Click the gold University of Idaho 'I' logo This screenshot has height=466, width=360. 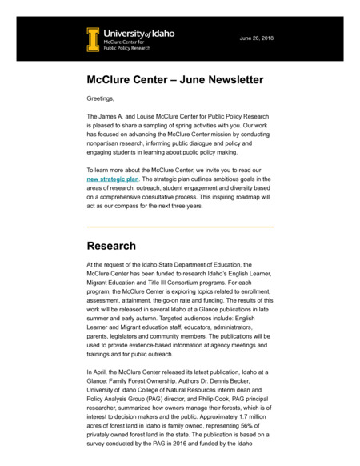[x=93, y=39]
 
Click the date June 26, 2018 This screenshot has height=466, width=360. [x=256, y=38]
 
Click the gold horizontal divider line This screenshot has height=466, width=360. [x=180, y=227]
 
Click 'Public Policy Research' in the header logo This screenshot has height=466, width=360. [x=128, y=47]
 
